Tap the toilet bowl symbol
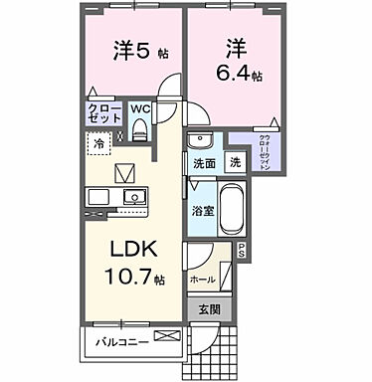pyautogui.click(x=140, y=128)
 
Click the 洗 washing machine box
pyautogui.click(x=235, y=161)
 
